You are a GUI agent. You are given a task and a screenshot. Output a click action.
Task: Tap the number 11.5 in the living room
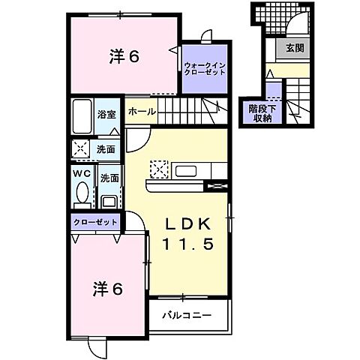(190, 244)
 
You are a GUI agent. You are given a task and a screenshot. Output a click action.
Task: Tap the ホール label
(141, 112)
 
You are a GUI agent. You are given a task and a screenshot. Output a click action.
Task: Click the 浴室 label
(106, 115)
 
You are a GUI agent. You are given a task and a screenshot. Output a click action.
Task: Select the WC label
(81, 173)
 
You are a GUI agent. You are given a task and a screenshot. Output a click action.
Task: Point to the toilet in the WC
(81, 194)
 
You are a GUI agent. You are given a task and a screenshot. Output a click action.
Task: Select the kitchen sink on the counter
(185, 171)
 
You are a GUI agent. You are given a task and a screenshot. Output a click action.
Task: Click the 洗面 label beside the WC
(109, 178)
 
